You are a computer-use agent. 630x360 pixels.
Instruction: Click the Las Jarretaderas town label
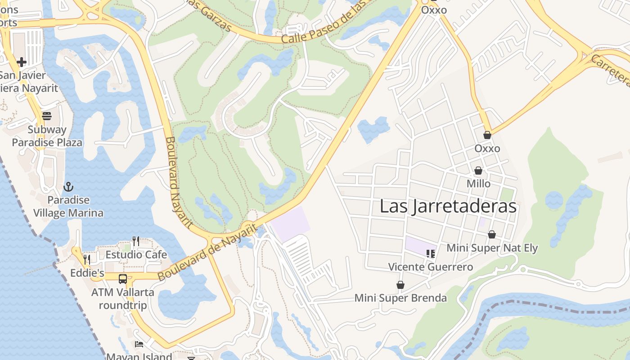pyautogui.click(x=448, y=207)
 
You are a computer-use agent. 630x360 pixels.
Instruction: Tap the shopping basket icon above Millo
pyautogui.click(x=478, y=171)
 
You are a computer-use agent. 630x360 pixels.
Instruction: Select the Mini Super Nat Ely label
pyautogui.click(x=492, y=248)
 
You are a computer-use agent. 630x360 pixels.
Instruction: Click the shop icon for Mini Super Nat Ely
pyautogui.click(x=492, y=234)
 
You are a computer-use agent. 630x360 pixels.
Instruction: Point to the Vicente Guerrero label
pyautogui.click(x=431, y=267)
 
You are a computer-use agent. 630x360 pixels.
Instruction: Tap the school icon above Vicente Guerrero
pyautogui.click(x=431, y=254)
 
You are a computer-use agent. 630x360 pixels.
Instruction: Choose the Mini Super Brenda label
pyautogui.click(x=400, y=298)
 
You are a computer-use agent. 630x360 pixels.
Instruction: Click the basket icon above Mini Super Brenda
pyautogui.click(x=400, y=285)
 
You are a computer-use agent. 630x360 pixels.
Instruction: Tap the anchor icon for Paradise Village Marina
pyautogui.click(x=68, y=186)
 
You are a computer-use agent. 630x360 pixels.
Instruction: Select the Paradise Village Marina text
pyautogui.click(x=68, y=207)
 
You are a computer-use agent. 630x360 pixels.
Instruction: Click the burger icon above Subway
pyautogui.click(x=47, y=116)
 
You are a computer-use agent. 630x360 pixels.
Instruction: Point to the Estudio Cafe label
pyautogui.click(x=136, y=255)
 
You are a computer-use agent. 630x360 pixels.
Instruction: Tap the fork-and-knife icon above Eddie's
pyautogui.click(x=87, y=260)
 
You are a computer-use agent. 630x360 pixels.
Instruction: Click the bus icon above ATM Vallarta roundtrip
pyautogui.click(x=123, y=279)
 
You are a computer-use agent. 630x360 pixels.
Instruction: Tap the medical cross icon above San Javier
pyautogui.click(x=21, y=62)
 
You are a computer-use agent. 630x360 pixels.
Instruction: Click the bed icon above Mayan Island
pyautogui.click(x=139, y=344)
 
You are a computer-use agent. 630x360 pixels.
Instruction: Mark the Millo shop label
pyautogui.click(x=478, y=184)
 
